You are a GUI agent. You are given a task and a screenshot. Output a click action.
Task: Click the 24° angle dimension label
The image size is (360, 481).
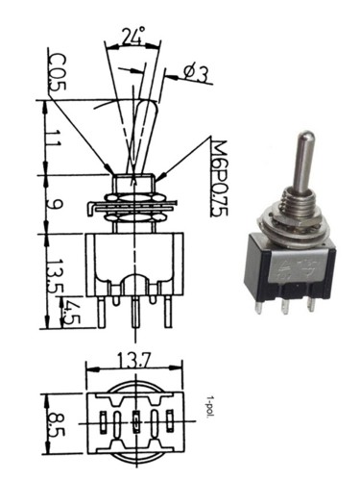coord(132,36)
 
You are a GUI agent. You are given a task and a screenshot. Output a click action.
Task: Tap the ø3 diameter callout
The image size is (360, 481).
coord(196,74)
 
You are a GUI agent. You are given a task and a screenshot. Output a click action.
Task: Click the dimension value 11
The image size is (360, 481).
coord(53,139)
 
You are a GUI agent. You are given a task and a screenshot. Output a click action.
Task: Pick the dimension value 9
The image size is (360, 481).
coord(54,204)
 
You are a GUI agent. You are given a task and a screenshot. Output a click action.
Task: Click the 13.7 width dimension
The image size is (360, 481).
coord(133,360)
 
